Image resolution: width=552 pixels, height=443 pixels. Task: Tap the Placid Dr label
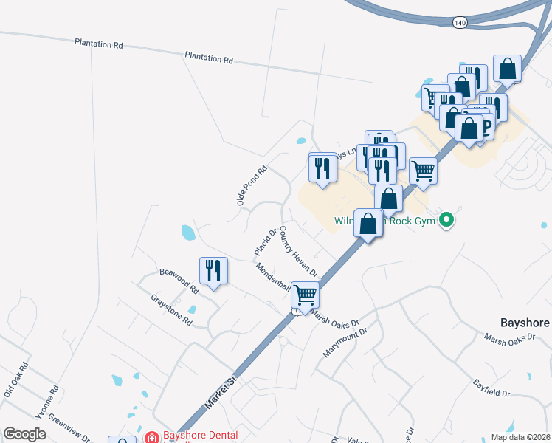(264, 242)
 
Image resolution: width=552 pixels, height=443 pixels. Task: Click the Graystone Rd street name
(171, 310)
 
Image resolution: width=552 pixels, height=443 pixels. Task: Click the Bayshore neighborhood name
(525, 323)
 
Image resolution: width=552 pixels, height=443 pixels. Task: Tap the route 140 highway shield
(460, 23)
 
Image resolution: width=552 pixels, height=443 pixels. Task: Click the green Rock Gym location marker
(446, 219)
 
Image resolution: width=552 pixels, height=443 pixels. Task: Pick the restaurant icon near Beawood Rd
(213, 271)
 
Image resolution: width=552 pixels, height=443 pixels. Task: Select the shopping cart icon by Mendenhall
(305, 295)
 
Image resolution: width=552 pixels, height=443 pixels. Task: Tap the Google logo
(25, 434)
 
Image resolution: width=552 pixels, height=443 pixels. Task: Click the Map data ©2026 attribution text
(520, 437)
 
